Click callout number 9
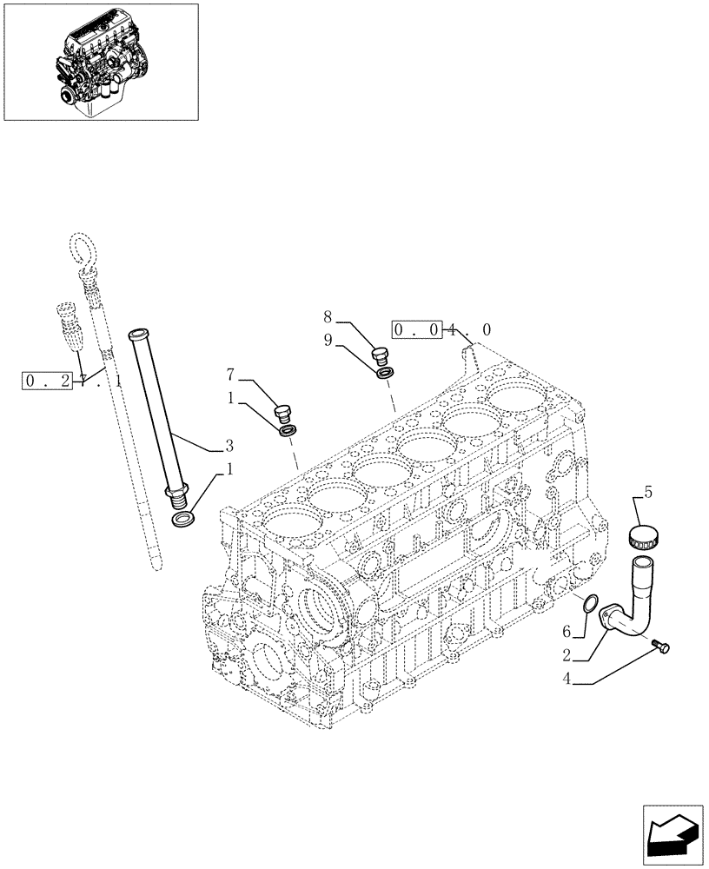coord(328,342)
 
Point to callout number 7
coord(230,375)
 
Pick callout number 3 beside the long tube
coord(229,446)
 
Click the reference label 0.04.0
coord(442,330)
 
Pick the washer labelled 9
coord(384,373)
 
